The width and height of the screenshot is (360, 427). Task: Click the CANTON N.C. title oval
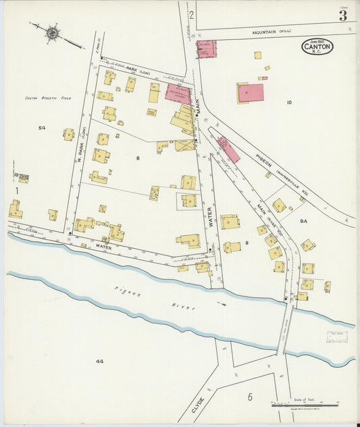pos(317,47)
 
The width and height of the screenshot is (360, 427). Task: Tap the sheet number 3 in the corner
pos(343,16)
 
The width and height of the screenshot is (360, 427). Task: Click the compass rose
pos(53,31)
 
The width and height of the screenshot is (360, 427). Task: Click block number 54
pos(42,128)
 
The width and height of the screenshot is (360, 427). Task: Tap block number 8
pos(138,158)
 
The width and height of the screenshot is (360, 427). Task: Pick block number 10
pos(288,103)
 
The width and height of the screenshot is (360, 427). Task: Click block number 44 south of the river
pos(99,361)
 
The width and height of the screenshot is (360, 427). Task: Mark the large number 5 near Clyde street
pos(249,397)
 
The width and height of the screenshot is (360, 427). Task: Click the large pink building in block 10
pos(251,93)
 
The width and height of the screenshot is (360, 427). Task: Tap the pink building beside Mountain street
pos(206,49)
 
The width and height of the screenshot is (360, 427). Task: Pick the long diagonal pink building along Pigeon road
pos(228,149)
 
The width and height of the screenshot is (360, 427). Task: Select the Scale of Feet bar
pos(304,405)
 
